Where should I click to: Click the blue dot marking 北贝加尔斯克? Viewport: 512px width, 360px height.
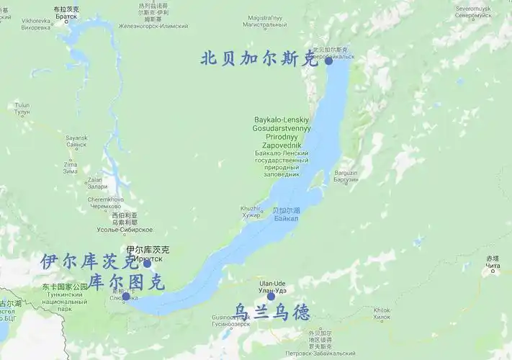(329, 61)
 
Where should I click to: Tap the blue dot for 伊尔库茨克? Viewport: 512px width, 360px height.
(148, 264)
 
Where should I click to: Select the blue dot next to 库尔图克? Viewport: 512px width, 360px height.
(126, 296)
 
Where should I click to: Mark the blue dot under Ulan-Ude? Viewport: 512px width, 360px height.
(271, 296)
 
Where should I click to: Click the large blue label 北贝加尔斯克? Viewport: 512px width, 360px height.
(259, 58)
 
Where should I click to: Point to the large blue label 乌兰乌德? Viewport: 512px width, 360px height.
(273, 312)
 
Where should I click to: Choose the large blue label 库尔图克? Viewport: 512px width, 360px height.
(127, 282)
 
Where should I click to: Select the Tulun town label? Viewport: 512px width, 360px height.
(22, 109)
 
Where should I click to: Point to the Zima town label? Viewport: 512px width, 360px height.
(71, 168)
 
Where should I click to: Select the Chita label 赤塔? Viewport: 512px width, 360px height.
(492, 262)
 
